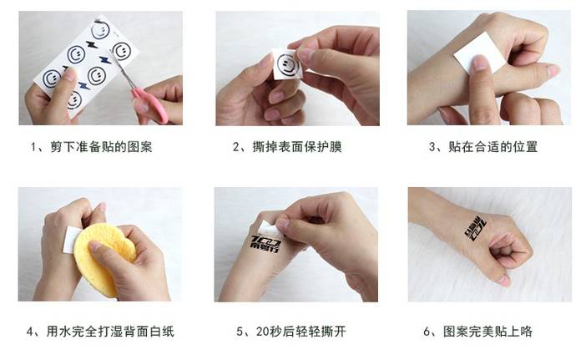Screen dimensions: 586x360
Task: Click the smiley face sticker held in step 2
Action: (x=288, y=64)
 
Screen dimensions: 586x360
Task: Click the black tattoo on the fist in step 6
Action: (x=476, y=228)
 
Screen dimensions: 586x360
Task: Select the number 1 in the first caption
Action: (x=33, y=147)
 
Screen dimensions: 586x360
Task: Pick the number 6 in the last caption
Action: (x=427, y=332)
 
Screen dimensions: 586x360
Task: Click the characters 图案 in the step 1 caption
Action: (x=139, y=146)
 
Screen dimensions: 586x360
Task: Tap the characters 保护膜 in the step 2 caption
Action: (x=323, y=146)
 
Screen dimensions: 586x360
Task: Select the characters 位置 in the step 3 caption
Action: (x=525, y=146)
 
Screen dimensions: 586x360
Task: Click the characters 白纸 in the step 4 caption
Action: (x=161, y=332)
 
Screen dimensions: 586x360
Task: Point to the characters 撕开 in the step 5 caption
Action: (x=333, y=332)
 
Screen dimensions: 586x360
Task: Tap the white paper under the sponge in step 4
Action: (x=71, y=239)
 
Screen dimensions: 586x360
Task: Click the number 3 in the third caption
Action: (x=432, y=147)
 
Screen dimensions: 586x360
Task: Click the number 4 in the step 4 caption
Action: (x=30, y=332)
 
